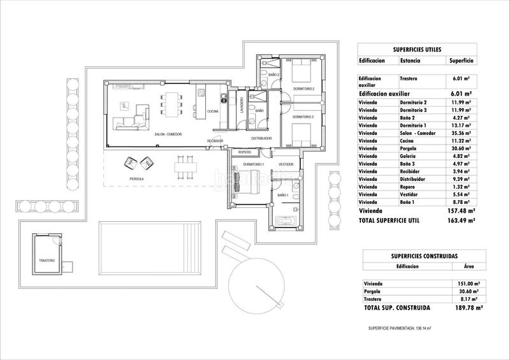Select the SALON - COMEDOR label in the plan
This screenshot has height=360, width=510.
tap(168, 134)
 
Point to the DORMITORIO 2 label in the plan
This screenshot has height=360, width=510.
tap(305, 89)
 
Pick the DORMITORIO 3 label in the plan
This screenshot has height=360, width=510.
tap(304, 117)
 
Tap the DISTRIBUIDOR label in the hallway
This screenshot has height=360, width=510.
tap(261, 138)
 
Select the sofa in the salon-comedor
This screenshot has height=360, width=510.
tap(129, 122)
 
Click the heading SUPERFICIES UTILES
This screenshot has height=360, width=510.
tap(416, 48)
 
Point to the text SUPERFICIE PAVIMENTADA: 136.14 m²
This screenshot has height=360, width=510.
tap(400, 328)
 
